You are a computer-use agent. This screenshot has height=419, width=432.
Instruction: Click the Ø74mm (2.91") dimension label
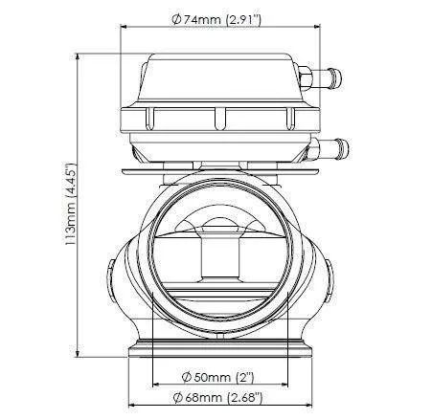[216, 20]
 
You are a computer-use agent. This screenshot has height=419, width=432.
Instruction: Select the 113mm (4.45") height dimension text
[70, 204]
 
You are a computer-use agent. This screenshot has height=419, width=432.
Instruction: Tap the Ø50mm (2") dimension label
[218, 377]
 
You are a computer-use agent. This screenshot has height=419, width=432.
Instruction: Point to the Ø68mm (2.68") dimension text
[217, 398]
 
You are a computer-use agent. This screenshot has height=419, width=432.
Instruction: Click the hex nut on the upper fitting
[306, 78]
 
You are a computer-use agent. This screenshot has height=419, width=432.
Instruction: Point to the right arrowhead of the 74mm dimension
[317, 27]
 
